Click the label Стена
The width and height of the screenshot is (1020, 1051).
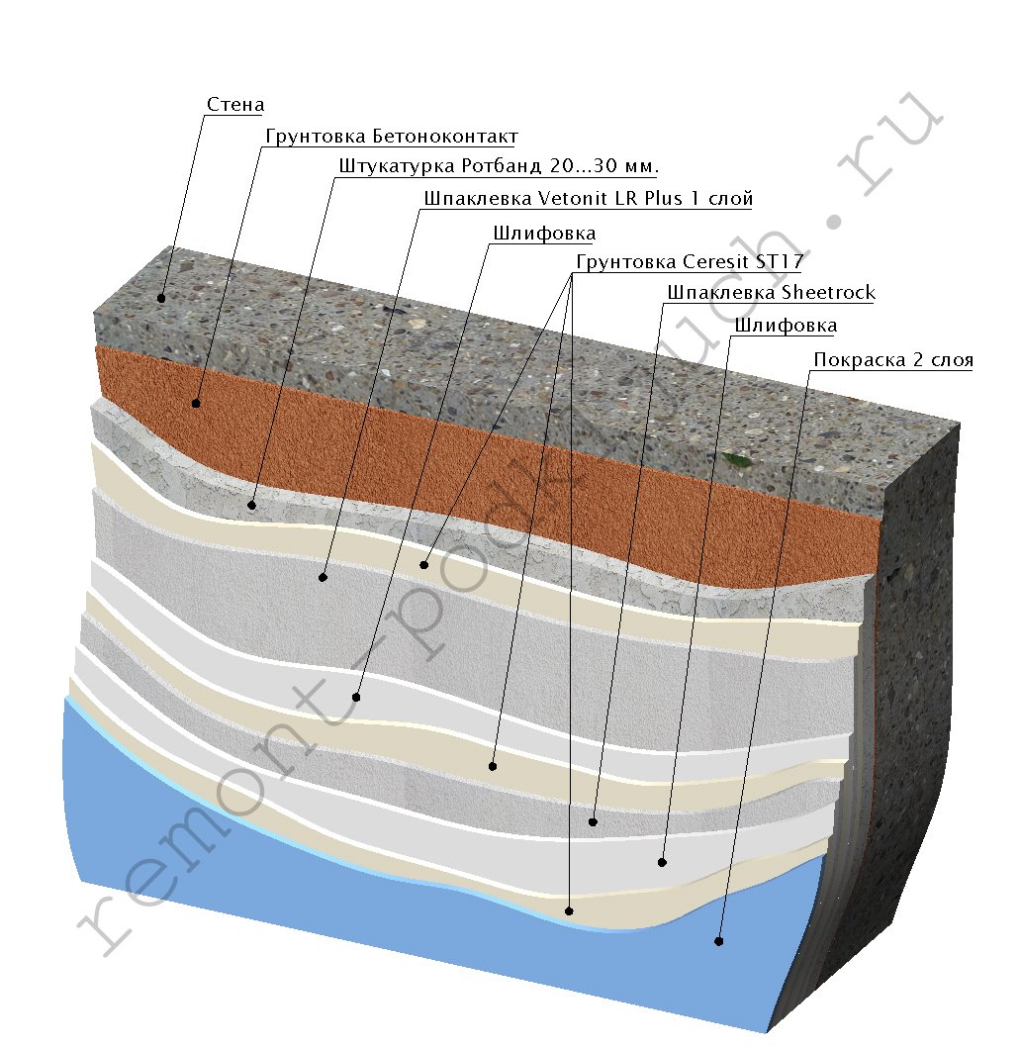(235, 104)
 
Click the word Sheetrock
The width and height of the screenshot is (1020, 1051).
(828, 292)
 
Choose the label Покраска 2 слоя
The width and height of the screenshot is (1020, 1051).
(892, 359)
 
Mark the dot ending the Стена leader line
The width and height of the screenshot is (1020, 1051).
(161, 297)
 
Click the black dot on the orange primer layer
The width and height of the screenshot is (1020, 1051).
(196, 403)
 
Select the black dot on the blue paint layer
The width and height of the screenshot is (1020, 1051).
(719, 941)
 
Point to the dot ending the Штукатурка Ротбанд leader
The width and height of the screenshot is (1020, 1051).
(252, 505)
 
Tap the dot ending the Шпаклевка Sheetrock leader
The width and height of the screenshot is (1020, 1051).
(593, 821)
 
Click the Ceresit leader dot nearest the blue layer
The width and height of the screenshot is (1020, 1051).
(569, 909)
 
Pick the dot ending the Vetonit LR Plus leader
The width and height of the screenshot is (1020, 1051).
(323, 576)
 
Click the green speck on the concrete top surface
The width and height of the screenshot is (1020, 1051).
(733, 458)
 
